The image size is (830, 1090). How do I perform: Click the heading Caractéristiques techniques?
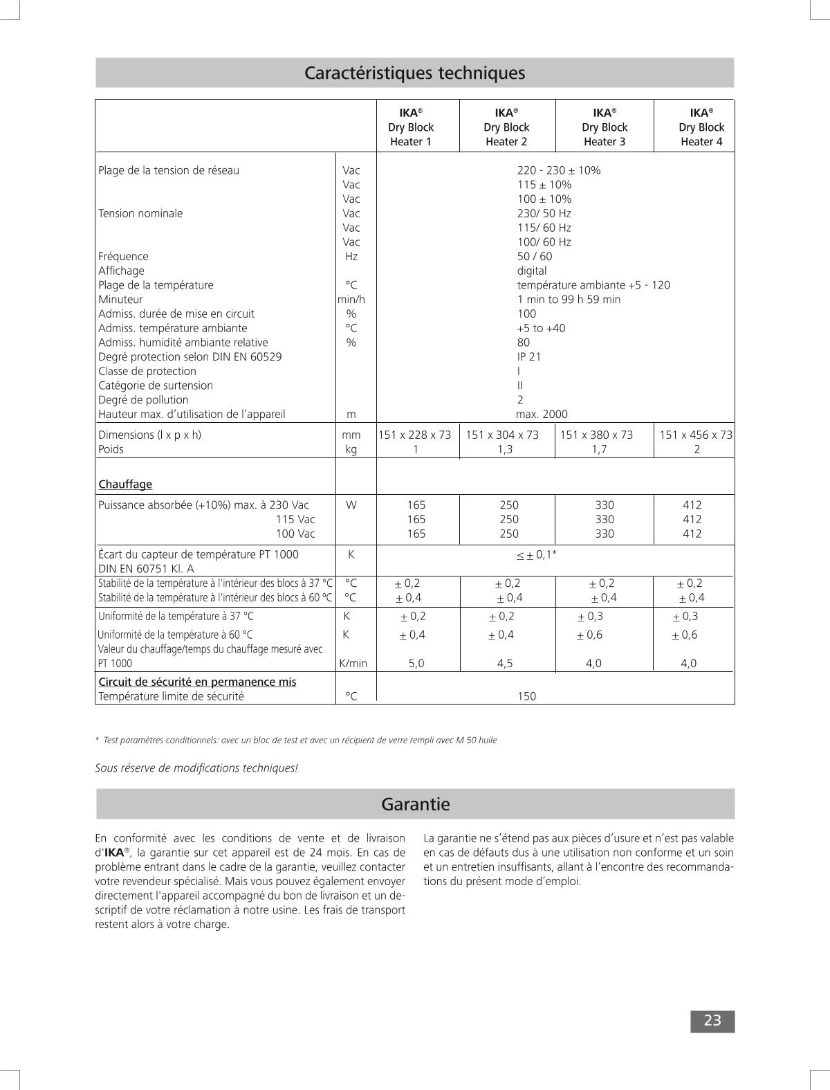415,73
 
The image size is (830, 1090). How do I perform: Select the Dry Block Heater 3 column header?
604,127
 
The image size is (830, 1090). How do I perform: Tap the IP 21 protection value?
529,356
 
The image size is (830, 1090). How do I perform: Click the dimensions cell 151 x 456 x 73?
695,435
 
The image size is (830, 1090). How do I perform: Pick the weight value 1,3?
505,449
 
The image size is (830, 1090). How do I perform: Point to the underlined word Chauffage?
125,484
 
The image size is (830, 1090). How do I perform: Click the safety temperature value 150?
526,696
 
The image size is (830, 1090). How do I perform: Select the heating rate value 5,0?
416,663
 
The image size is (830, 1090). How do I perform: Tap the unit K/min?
353,663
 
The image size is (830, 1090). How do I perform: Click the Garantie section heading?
415,804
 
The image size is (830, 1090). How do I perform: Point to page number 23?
712,1021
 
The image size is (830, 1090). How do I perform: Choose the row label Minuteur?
120,299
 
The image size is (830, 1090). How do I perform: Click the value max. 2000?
542,414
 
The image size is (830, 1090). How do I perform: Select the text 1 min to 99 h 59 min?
569,299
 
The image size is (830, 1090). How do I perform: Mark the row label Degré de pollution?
143,399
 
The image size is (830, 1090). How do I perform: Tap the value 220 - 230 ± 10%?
559,170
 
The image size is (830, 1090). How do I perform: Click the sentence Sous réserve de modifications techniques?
196,767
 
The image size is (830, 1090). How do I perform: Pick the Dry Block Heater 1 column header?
410,127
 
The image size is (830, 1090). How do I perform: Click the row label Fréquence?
123,256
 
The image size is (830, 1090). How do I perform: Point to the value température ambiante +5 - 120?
593,285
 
